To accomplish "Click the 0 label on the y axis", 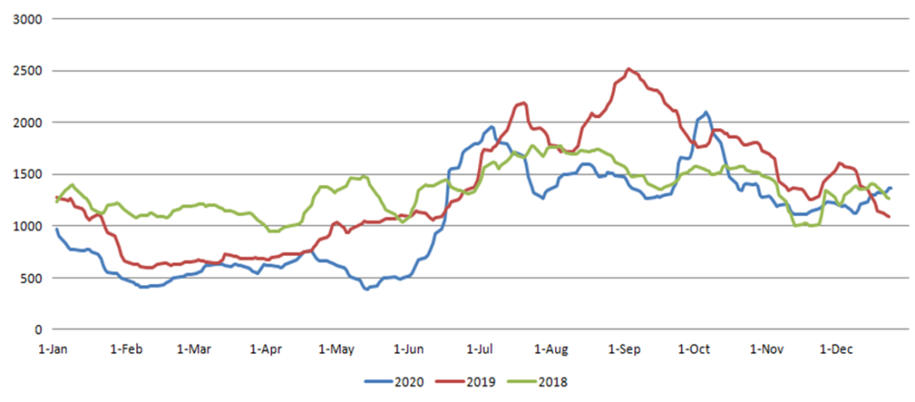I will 36,329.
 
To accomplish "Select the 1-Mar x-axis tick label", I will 195,348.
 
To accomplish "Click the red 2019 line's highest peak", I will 628,69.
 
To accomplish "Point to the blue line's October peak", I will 705,112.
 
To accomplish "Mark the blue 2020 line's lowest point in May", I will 366,288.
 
